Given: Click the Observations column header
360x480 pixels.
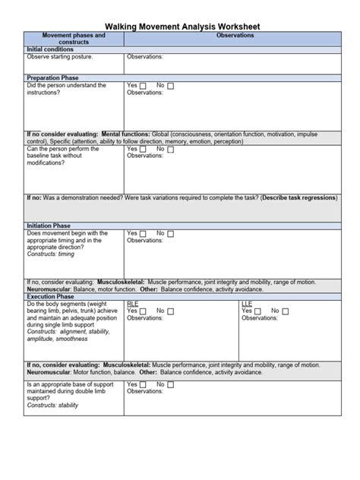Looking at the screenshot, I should click(235, 36).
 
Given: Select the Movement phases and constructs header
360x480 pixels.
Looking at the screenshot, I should click(74, 39).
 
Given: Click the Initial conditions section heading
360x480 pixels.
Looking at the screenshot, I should click(50, 49).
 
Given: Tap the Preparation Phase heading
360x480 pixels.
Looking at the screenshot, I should click(53, 77).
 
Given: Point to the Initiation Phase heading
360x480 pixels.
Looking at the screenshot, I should click(49, 226).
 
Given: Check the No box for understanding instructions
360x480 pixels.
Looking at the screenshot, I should click(170, 86).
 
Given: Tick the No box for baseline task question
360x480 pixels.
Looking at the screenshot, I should click(170, 150).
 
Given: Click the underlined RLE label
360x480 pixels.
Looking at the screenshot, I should click(133, 303).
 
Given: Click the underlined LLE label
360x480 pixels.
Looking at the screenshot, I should click(247, 303).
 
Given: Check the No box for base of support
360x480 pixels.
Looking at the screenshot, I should click(170, 386).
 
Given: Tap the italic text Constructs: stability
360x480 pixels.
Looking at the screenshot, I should click(52, 406).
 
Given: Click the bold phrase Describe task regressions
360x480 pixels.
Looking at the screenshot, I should click(299, 197).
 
